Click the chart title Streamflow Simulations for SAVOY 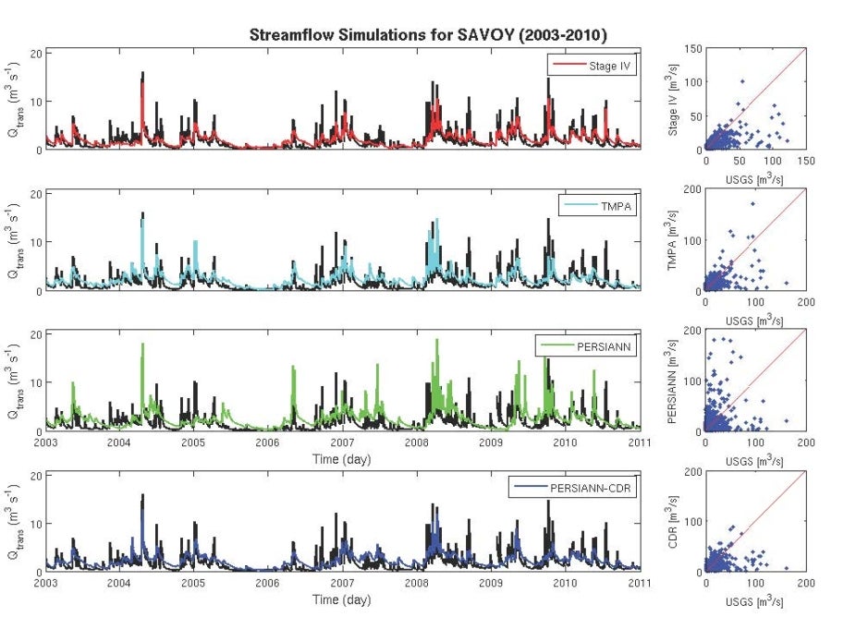(434, 35)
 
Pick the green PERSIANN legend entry (587, 347)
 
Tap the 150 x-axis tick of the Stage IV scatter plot (805, 162)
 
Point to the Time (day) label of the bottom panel (341, 600)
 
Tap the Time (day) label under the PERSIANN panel (341, 459)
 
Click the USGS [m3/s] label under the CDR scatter (754, 600)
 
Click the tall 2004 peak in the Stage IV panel (142, 74)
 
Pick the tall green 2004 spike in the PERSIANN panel (142, 345)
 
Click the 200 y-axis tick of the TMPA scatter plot (690, 190)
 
